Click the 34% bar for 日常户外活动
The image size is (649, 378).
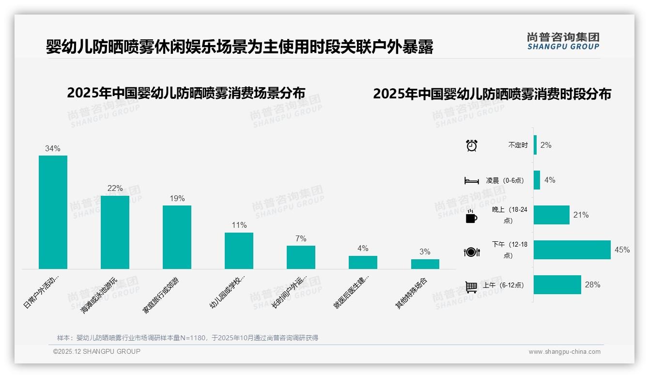(x=53, y=212)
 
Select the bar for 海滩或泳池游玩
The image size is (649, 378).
(x=115, y=232)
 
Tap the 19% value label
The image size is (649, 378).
(x=177, y=198)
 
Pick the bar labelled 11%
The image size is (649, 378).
(x=239, y=251)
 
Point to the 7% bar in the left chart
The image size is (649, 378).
(x=301, y=257)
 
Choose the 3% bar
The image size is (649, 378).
(x=425, y=264)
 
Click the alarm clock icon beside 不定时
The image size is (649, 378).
(x=471, y=145)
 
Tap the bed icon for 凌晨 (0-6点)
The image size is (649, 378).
(x=471, y=181)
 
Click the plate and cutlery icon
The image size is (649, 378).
(x=471, y=252)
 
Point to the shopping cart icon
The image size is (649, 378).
(x=471, y=286)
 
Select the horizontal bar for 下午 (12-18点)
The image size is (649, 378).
(x=572, y=250)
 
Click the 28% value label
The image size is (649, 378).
(x=592, y=285)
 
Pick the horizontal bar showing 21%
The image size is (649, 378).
(x=552, y=215)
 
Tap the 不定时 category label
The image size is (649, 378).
(x=518, y=145)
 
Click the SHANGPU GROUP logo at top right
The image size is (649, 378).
(x=563, y=41)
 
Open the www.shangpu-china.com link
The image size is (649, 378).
(x=564, y=352)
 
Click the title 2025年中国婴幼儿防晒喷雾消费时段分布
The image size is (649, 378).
(x=492, y=94)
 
